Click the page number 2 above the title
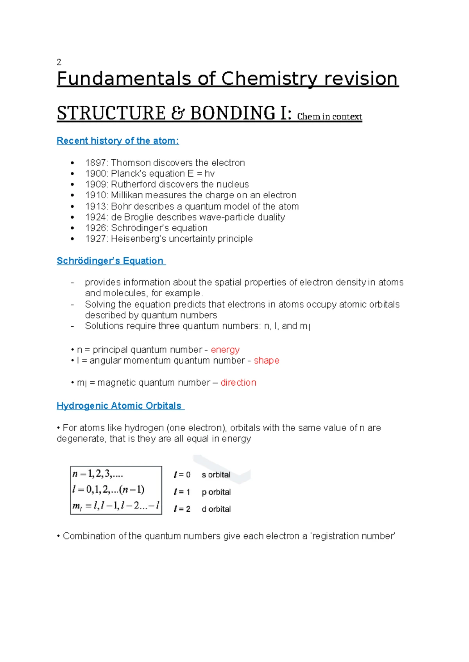[59, 62]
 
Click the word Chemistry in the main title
[269, 79]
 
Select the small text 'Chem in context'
[329, 117]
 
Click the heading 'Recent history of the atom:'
[118, 141]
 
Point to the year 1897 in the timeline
[96, 163]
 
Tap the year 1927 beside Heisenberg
[96, 238]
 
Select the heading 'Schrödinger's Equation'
[110, 261]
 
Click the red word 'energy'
[225, 350]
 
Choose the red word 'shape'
[267, 361]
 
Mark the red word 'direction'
[238, 383]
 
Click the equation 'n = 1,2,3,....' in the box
[98, 474]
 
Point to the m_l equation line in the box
[116, 506]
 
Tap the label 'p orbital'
[216, 492]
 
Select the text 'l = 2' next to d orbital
[182, 509]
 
